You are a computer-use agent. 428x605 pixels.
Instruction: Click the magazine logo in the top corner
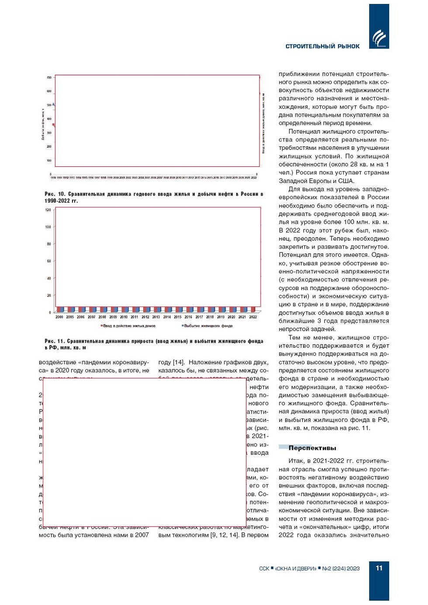click(379, 38)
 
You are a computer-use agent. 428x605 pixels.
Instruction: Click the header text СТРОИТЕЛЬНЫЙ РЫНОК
click(322, 46)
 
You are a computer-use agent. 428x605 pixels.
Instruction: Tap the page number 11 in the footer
click(379, 568)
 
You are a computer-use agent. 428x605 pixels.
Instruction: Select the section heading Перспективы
click(312, 448)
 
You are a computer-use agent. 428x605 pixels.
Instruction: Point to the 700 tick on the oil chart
click(49, 78)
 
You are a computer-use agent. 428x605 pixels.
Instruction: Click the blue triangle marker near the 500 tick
click(53, 104)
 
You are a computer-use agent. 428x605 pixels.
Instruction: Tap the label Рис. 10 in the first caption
click(55, 194)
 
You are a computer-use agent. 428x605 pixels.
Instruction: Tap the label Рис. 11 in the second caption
click(55, 341)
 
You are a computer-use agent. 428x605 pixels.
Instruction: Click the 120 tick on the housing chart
click(48, 210)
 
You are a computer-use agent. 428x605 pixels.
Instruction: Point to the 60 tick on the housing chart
click(49, 261)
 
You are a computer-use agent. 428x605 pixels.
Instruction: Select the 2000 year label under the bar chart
click(59, 317)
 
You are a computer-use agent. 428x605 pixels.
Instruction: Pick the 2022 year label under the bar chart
click(253, 317)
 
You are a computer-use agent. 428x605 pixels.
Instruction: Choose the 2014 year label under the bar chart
click(167, 317)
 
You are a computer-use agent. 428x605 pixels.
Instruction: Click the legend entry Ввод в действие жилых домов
click(129, 326)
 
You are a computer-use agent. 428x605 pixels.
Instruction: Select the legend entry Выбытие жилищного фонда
click(208, 326)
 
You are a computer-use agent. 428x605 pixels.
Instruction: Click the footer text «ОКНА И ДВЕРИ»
click(295, 568)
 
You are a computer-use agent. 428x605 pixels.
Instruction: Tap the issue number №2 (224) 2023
click(341, 568)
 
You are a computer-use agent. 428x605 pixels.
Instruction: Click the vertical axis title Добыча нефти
click(43, 124)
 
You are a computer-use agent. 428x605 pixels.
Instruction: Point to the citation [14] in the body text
click(179, 362)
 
